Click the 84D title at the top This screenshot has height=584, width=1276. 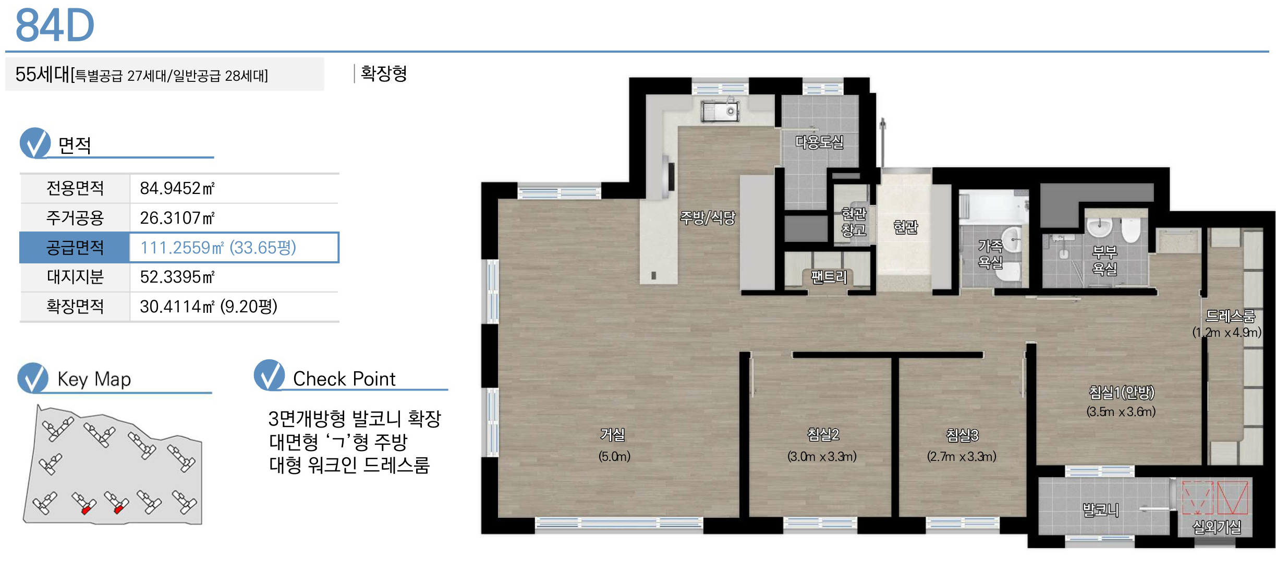pyautogui.click(x=55, y=25)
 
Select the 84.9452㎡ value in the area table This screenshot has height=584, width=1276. pyautogui.click(x=177, y=188)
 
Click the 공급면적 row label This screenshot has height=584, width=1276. pyautogui.click(x=75, y=247)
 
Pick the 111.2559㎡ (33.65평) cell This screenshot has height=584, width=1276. pyautogui.click(x=218, y=247)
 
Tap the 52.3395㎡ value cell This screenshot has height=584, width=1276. pyautogui.click(x=177, y=277)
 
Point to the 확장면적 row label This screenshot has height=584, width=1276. pyautogui.click(x=75, y=306)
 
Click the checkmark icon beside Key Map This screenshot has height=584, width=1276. pyautogui.click(x=33, y=378)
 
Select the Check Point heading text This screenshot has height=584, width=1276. pyautogui.click(x=344, y=379)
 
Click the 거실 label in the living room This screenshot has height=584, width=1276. pyautogui.click(x=613, y=434)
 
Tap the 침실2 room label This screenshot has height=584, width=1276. pyautogui.click(x=823, y=434)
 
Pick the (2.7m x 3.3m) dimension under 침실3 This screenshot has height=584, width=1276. pyautogui.click(x=962, y=457)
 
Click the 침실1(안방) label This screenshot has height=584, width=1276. pyautogui.click(x=1122, y=392)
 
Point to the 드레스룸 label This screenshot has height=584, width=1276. pyautogui.click(x=1230, y=316)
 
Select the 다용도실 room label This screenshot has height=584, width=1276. pyautogui.click(x=819, y=142)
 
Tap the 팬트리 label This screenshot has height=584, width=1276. pyautogui.click(x=829, y=277)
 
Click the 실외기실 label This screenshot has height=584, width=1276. pyautogui.click(x=1217, y=527)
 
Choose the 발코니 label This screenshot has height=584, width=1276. pyautogui.click(x=1101, y=509)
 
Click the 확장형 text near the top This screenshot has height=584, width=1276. pyautogui.click(x=384, y=73)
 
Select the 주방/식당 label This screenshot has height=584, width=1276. pyautogui.click(x=708, y=217)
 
